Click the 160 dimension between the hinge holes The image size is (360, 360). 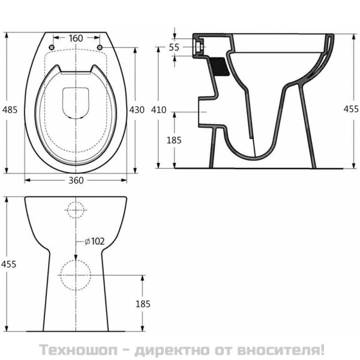tap(76, 38)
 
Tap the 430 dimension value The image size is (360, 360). tap(137, 109)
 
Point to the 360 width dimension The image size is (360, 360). tap(76, 180)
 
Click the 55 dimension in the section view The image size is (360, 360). tap(174, 47)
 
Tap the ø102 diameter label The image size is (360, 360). tap(94, 241)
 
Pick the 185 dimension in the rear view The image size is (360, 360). tap(142, 304)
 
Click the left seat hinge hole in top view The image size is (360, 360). tap(52, 47)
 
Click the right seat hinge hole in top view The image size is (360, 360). tap(100, 47)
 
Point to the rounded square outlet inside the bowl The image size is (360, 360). tap(76, 103)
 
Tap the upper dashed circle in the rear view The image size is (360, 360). tap(76, 210)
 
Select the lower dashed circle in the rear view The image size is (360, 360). tap(76, 275)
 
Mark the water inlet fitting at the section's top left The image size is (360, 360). tap(199, 46)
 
